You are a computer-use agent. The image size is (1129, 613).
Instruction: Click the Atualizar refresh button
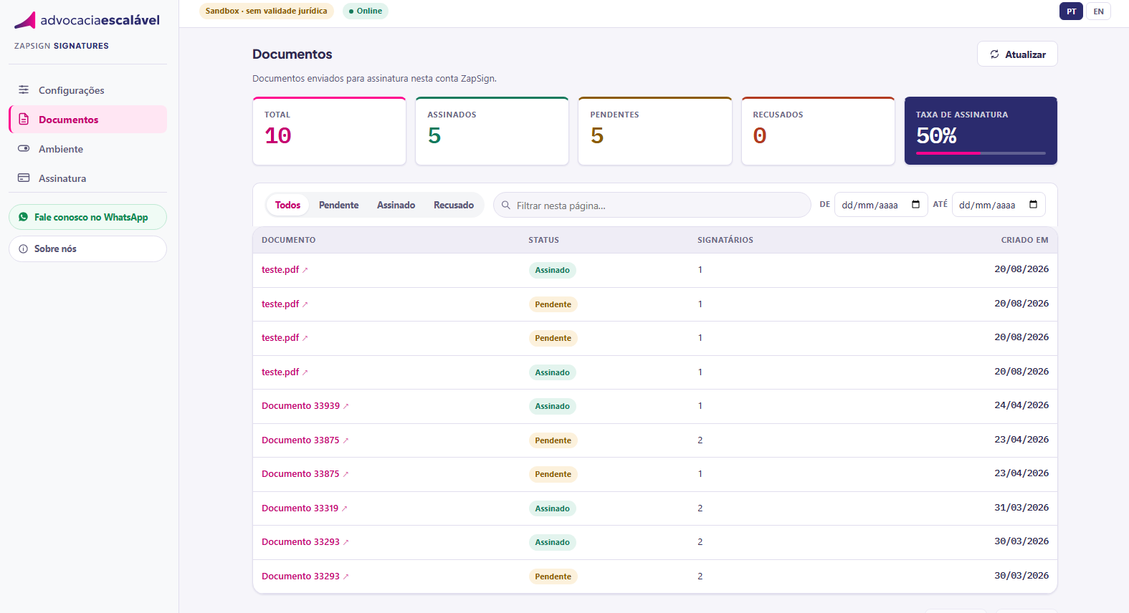1017,54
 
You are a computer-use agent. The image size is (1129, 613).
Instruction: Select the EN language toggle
1098,11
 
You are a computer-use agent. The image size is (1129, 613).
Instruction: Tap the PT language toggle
1071,11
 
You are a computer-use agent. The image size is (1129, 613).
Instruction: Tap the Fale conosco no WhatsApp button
87,217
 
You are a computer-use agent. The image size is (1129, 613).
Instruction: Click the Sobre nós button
87,248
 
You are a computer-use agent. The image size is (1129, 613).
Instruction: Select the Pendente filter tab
338,205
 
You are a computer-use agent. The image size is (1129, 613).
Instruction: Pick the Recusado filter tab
454,205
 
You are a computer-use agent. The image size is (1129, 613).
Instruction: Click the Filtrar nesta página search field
652,205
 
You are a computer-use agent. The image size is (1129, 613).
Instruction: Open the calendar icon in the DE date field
916,204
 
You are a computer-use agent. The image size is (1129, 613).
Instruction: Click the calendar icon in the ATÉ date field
1033,204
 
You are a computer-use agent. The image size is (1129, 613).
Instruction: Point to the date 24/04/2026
1021,405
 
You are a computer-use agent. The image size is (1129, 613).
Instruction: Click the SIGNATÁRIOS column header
725,240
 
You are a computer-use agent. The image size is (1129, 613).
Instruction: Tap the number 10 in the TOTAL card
277,136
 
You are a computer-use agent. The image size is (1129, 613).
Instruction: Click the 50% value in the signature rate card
936,135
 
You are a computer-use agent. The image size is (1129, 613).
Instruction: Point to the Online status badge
366,11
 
